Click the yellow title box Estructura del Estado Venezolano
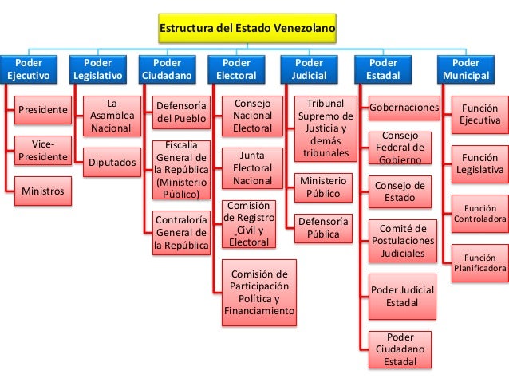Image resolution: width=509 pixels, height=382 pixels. [x=247, y=28]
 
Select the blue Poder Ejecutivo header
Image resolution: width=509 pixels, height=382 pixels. [x=29, y=69]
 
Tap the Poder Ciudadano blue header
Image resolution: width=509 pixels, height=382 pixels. [x=168, y=69]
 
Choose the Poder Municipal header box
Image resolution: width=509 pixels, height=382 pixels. [x=466, y=69]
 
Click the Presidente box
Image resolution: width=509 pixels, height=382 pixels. [x=43, y=110]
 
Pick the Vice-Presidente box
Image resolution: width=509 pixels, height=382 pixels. [x=43, y=151]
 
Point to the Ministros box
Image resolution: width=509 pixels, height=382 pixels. [x=43, y=191]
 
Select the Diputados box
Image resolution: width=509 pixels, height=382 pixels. [x=112, y=162]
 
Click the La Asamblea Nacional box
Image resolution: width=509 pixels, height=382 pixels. [x=112, y=116]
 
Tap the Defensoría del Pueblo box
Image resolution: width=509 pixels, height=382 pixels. [x=181, y=112]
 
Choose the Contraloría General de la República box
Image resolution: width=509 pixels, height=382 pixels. [x=181, y=233]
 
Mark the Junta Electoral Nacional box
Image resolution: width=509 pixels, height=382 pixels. [x=252, y=168]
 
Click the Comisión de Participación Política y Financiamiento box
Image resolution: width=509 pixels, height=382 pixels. [x=259, y=293]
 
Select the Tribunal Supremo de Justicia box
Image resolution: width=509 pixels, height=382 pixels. [x=326, y=128]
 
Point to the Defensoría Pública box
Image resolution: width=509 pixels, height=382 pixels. [x=323, y=228]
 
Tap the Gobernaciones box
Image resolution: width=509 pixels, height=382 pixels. [x=404, y=108]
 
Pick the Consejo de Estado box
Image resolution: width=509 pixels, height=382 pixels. [x=400, y=192]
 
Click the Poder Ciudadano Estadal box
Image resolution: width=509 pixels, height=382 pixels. [x=400, y=349]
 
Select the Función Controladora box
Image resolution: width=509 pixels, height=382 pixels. [x=480, y=214]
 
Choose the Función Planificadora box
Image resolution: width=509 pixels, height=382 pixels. [x=480, y=263]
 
